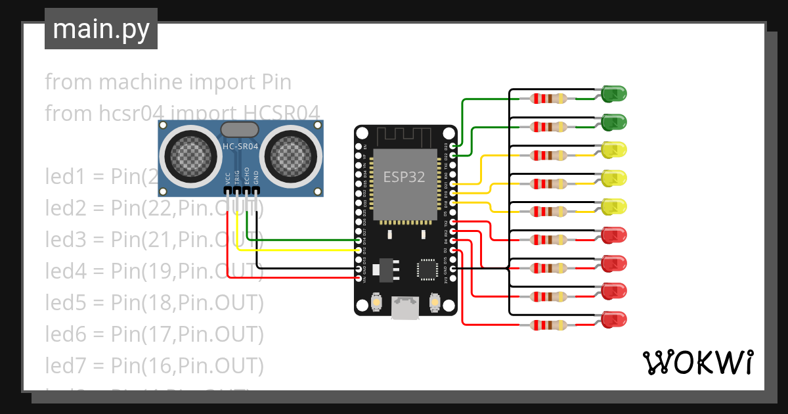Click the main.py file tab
100,29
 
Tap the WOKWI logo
697,362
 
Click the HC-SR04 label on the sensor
240,147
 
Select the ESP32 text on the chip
404,177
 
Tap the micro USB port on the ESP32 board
405,308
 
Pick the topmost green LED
614,94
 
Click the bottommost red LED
614,320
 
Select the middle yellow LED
614,178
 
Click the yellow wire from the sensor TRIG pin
295,250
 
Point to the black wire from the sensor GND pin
302,269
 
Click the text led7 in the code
64,364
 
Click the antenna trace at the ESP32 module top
405,137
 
